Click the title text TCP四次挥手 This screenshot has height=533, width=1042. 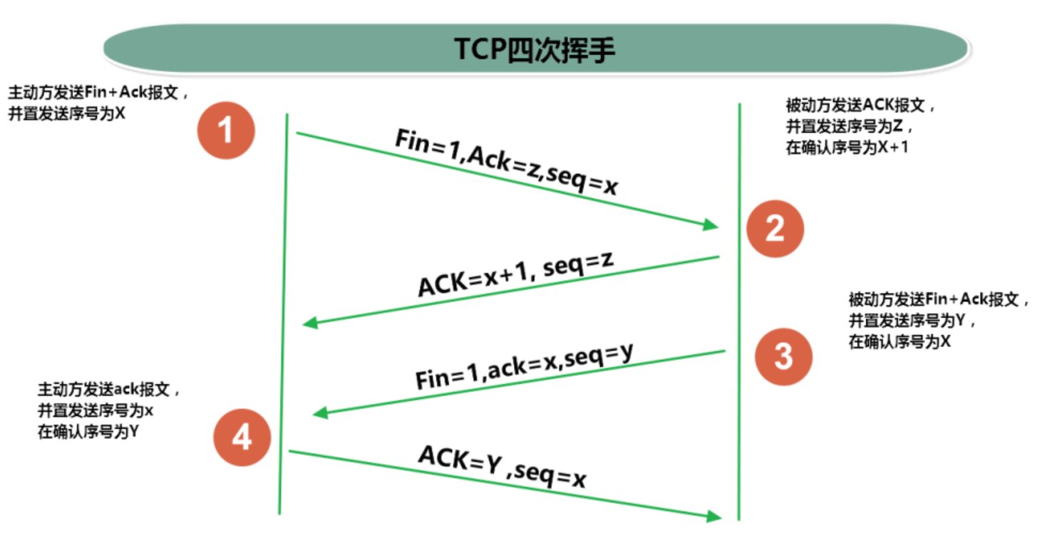pyautogui.click(x=535, y=49)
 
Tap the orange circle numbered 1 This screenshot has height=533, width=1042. pyautogui.click(x=226, y=130)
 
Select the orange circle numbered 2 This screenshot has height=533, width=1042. pyautogui.click(x=775, y=228)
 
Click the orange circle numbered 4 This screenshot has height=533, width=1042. pyautogui.click(x=242, y=437)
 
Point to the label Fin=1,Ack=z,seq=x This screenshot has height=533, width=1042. pyautogui.click(x=507, y=162)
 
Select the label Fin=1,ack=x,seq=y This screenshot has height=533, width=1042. pyautogui.click(x=525, y=365)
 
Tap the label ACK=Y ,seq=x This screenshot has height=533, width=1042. pyautogui.click(x=502, y=467)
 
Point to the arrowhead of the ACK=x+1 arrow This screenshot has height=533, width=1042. pyautogui.click(x=309, y=324)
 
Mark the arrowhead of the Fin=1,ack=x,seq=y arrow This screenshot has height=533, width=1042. pyautogui.click(x=320, y=413)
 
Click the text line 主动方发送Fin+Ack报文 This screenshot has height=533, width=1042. pyautogui.click(x=98, y=93)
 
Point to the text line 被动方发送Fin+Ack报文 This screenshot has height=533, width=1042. pyautogui.click(x=939, y=299)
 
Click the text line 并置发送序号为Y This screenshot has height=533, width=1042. pyautogui.click(x=912, y=321)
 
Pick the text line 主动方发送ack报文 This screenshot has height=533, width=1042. pyautogui.click(x=109, y=390)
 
